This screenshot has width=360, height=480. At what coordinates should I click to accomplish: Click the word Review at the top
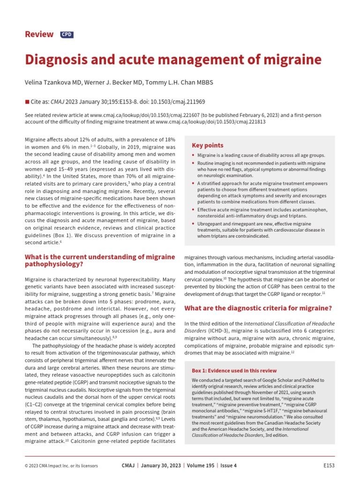click(x=40, y=34)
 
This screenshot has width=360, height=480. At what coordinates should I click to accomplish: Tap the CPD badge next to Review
click(x=67, y=35)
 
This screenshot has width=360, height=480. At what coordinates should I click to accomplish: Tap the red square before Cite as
click(x=26, y=101)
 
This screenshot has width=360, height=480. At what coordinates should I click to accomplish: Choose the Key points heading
click(x=208, y=145)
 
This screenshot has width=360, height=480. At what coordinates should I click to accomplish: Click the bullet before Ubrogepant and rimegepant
click(x=194, y=225)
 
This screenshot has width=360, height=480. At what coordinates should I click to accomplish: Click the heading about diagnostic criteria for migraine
click(x=258, y=308)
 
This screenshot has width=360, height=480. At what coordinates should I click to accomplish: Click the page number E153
click(x=329, y=465)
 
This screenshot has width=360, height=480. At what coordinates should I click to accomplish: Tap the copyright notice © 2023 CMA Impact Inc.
click(x=61, y=465)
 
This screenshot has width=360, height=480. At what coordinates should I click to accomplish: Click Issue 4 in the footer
click(x=229, y=465)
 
